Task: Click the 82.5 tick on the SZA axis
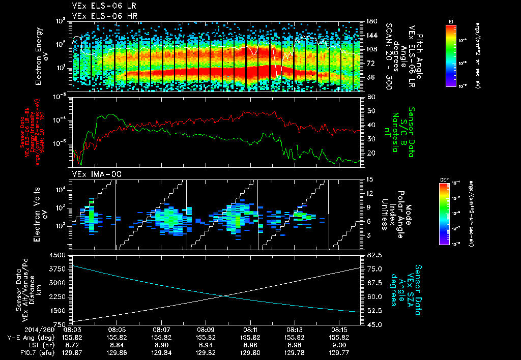372,255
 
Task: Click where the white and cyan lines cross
222,296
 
